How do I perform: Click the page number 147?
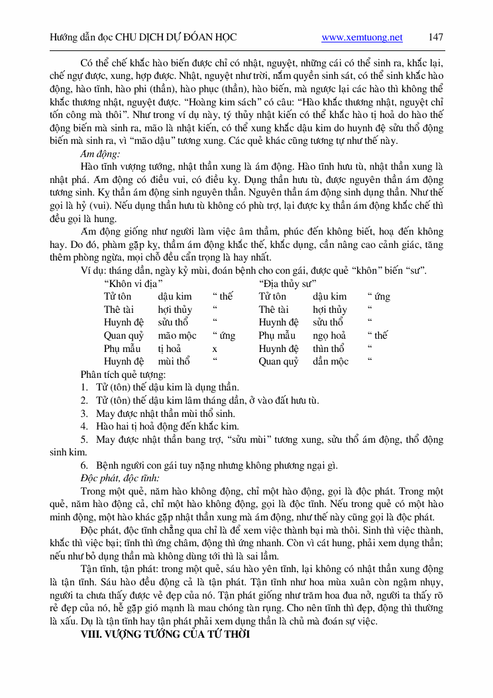tap(435, 37)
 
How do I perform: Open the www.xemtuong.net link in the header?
tap(362, 37)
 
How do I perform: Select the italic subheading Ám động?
tap(99, 154)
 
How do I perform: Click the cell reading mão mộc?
tap(177, 335)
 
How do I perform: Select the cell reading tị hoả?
tap(170, 349)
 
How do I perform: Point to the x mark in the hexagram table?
tap(215, 349)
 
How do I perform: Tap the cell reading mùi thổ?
tap(174, 361)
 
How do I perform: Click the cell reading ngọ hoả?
tap(329, 335)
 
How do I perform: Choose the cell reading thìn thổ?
tap(329, 349)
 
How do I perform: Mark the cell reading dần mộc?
tap(331, 361)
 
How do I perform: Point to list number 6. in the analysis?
tap(85, 465)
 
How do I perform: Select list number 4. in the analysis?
tap(85, 426)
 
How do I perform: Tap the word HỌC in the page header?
tap(224, 37)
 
